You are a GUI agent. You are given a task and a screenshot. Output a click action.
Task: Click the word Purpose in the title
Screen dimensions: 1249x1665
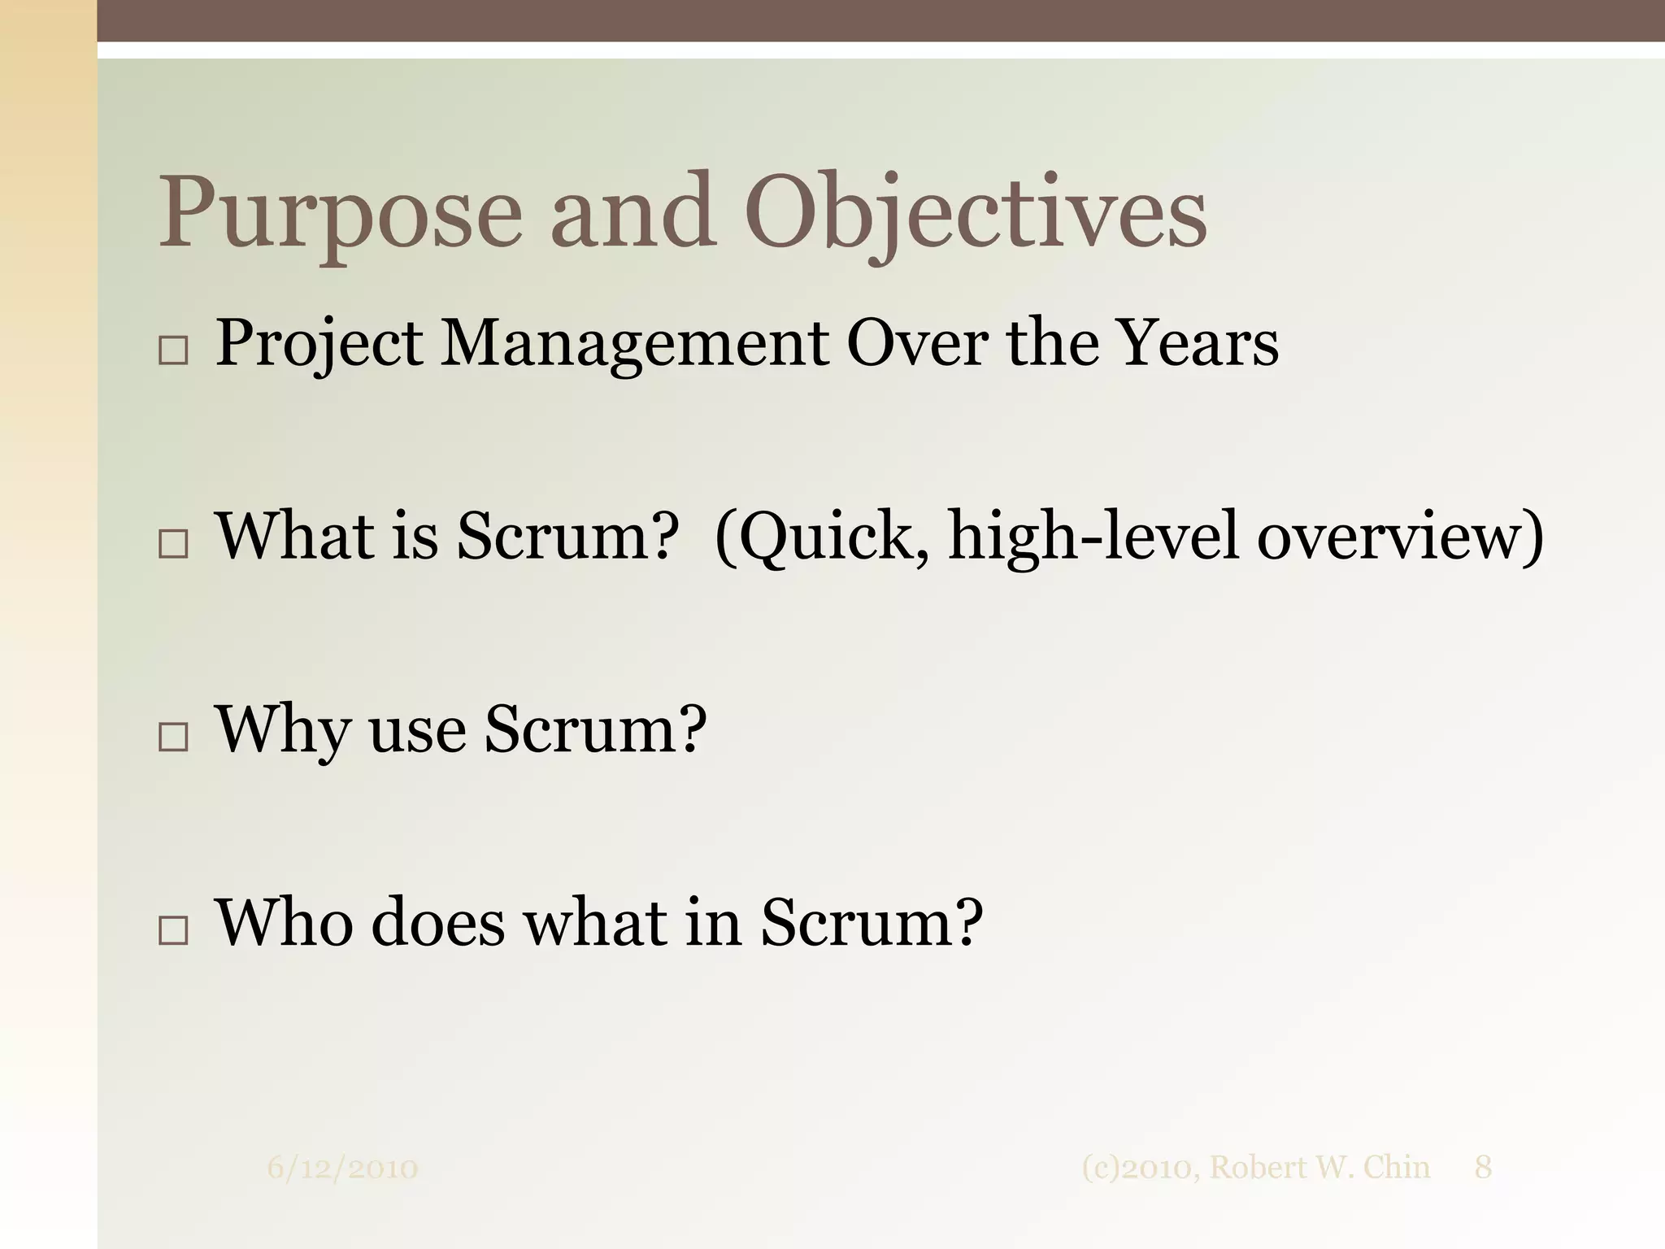339,213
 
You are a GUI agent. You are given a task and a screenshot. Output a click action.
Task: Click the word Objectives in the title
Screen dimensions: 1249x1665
976,213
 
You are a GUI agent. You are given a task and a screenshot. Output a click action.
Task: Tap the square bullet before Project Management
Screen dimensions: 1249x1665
173,350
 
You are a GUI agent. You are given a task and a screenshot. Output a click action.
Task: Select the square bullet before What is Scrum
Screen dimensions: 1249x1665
173,543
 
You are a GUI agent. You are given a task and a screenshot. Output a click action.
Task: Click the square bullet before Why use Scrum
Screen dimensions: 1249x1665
173,737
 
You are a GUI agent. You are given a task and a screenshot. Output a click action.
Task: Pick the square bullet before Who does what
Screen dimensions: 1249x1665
173,929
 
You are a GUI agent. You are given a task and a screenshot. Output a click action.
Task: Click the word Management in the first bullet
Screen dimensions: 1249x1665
634,343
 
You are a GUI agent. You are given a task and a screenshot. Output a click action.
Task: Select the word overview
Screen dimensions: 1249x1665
1390,537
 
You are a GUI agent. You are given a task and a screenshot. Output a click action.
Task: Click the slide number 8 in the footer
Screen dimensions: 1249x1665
1483,1168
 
